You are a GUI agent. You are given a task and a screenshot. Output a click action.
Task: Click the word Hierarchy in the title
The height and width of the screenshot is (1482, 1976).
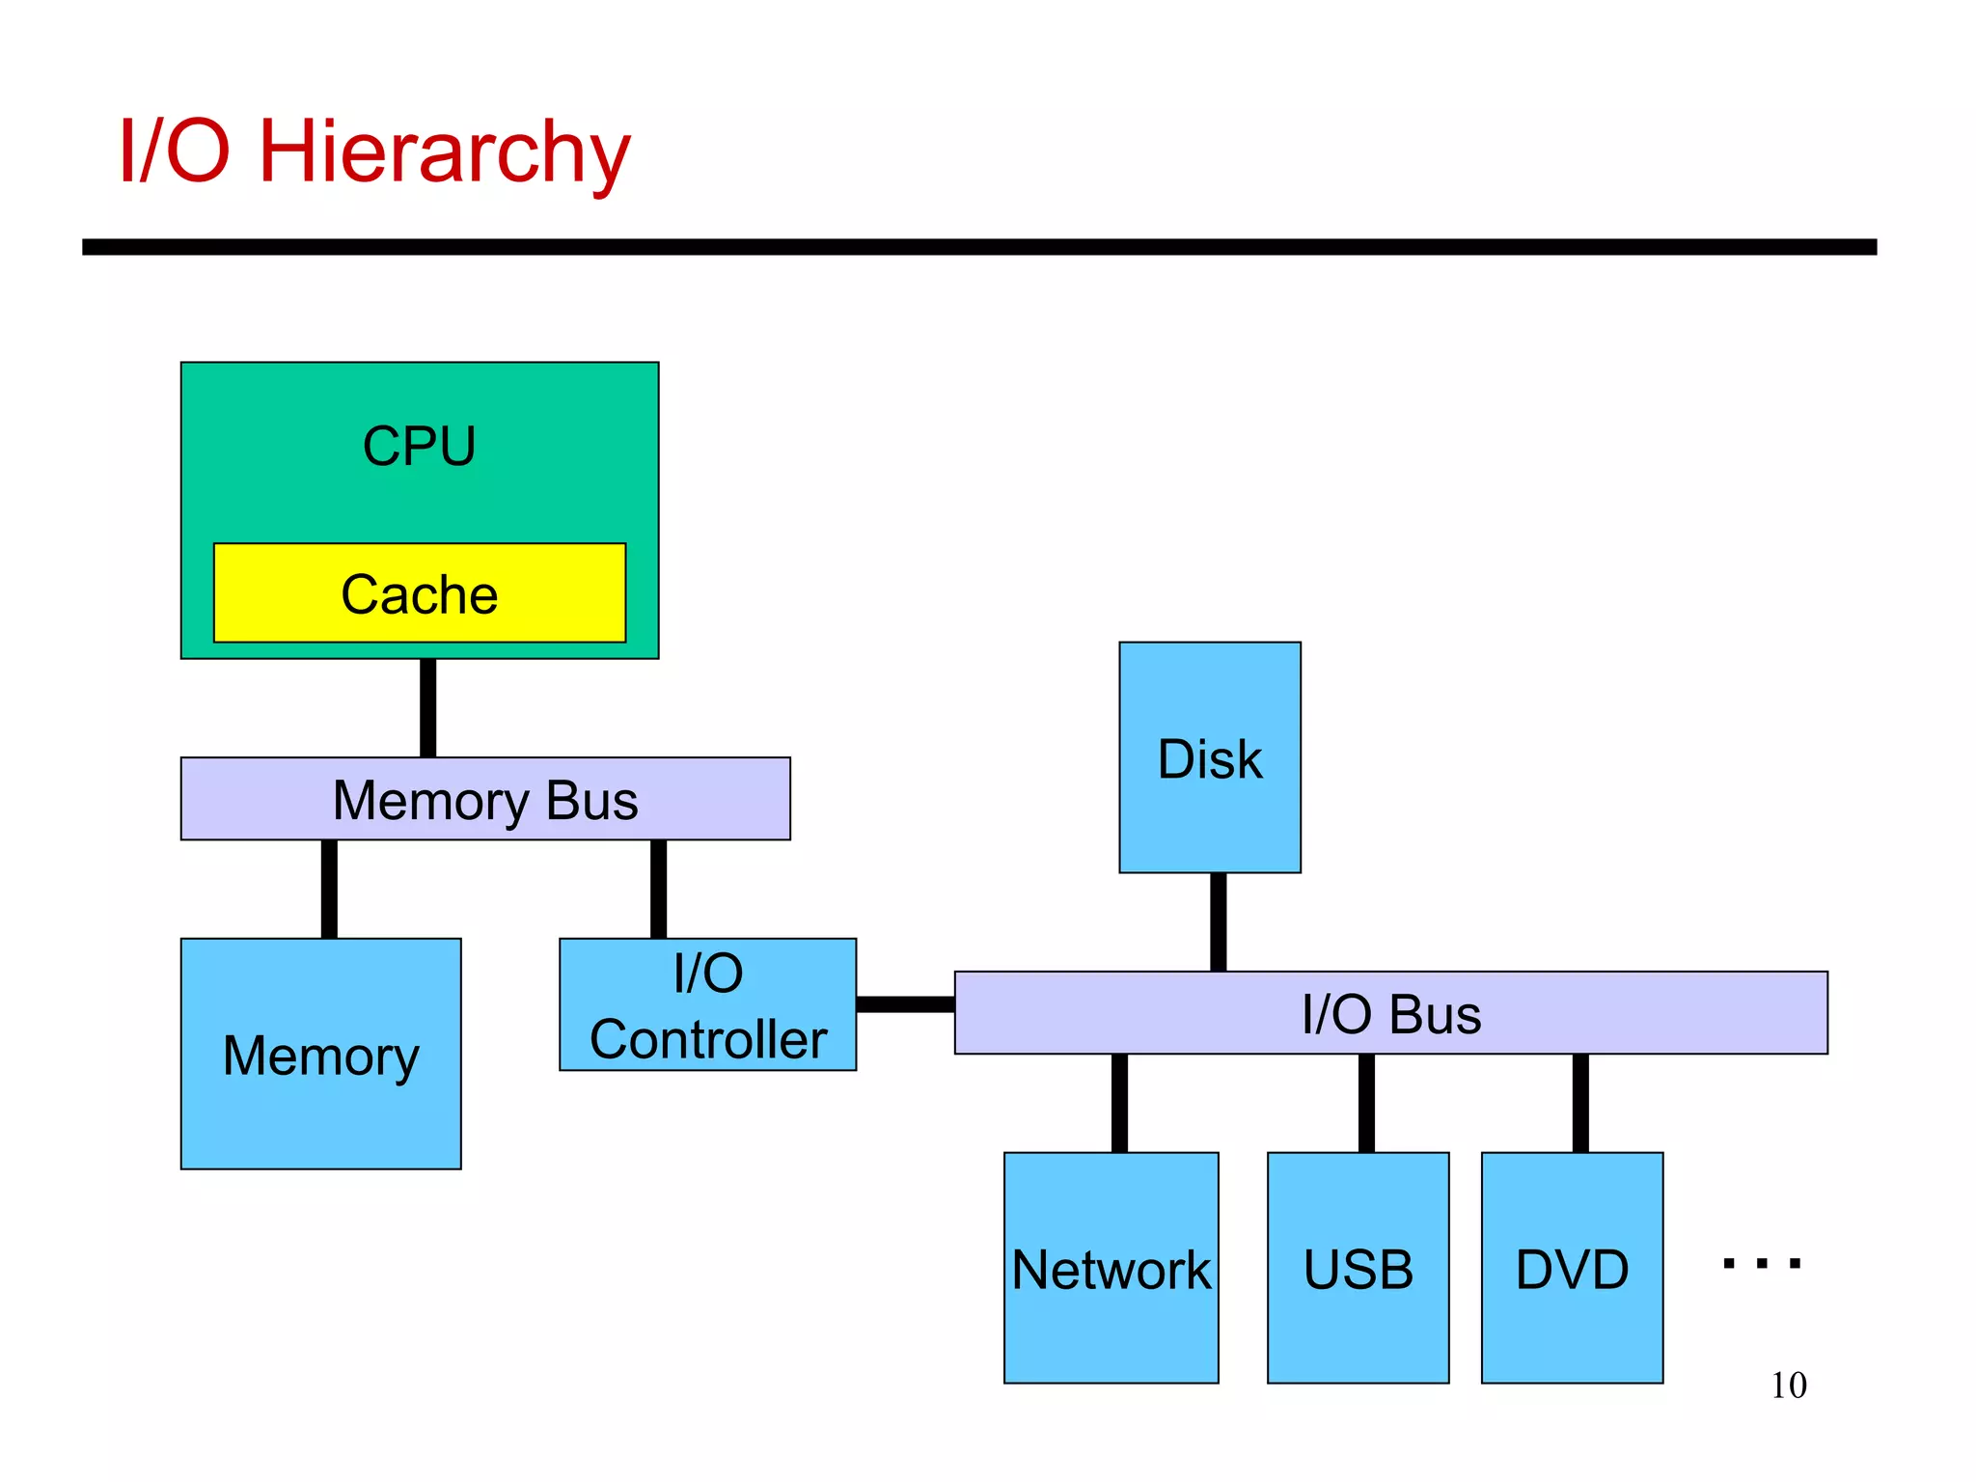point(444,152)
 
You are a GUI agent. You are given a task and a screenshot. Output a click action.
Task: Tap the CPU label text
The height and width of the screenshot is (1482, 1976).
point(419,447)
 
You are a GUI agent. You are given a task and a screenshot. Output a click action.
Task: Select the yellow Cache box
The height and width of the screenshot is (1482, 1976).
point(419,593)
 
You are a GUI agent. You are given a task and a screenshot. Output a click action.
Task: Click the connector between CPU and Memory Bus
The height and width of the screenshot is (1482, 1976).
point(427,708)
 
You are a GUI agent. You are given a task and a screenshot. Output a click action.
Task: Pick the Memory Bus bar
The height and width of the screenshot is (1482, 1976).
point(485,799)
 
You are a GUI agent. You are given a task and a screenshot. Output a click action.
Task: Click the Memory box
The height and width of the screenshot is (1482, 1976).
point(320,1054)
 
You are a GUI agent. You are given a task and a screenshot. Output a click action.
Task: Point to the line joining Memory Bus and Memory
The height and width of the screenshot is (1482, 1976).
point(329,889)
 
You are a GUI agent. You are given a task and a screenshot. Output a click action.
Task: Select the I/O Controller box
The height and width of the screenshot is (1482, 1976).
point(707,1004)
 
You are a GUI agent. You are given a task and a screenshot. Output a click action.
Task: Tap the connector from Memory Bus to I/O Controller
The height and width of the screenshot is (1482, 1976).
point(658,889)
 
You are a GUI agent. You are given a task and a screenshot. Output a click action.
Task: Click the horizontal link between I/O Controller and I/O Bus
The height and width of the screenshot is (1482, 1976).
point(905,1004)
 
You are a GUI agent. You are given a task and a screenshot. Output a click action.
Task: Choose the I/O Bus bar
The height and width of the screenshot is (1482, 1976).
point(1390,1013)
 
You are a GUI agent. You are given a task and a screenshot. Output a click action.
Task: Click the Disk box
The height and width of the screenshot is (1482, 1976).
point(1209,757)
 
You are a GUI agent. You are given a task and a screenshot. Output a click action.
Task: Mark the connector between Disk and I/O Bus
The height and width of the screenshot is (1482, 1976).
point(1218,921)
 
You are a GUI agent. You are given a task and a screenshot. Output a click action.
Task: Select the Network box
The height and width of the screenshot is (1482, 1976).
point(1111,1268)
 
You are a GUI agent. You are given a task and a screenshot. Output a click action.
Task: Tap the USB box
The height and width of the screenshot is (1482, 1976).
point(1358,1268)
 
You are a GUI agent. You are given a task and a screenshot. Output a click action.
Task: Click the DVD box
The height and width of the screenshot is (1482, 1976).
point(1572,1268)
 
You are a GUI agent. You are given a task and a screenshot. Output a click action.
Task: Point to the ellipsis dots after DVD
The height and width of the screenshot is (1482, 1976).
point(1761,1263)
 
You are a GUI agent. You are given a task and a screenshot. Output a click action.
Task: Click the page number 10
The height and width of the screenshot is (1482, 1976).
point(1788,1386)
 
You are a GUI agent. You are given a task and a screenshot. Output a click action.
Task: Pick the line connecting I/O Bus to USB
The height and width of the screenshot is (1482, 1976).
point(1366,1103)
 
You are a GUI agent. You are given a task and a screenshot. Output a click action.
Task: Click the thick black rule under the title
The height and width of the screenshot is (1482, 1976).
point(979,247)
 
